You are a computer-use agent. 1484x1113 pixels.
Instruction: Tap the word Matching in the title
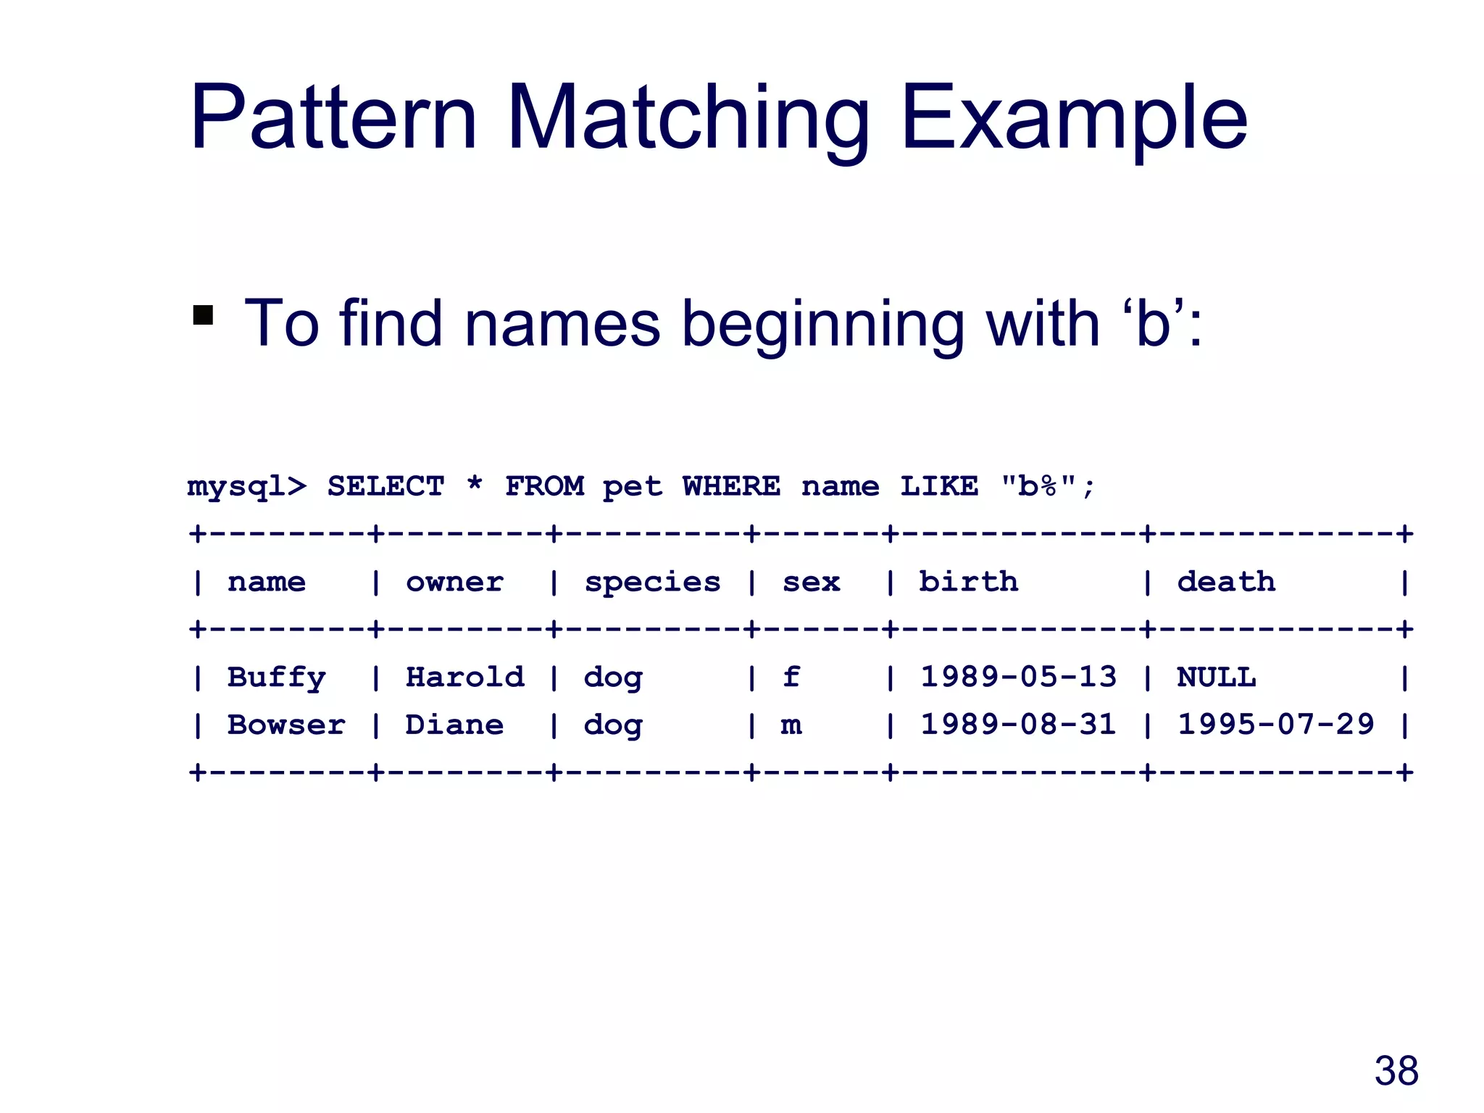tap(688, 120)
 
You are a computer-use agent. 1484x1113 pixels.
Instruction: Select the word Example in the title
tap(1074, 120)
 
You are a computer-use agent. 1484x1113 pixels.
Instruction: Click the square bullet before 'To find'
tap(204, 316)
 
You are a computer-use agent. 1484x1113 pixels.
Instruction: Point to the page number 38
tap(1396, 1071)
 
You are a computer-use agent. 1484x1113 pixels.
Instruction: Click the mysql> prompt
tap(246, 487)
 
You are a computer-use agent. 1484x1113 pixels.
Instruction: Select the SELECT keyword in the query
tap(385, 486)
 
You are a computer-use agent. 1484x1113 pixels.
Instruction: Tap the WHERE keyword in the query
tap(731, 486)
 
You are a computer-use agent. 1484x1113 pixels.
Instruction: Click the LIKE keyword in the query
tap(938, 486)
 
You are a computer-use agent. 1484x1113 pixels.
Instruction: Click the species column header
tap(652, 583)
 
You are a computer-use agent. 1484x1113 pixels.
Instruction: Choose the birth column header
tap(968, 582)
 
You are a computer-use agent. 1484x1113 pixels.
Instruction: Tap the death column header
tap(1226, 582)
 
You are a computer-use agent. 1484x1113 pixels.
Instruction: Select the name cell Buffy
tap(276, 678)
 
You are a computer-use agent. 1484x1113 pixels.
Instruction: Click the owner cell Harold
tap(464, 678)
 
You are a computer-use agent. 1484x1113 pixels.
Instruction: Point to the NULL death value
tap(1216, 678)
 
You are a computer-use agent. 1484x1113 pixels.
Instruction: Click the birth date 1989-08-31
tap(1018, 725)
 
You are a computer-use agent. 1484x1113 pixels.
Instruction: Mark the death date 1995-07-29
tap(1275, 725)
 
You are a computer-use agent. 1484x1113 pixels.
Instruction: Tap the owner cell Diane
tap(454, 725)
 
